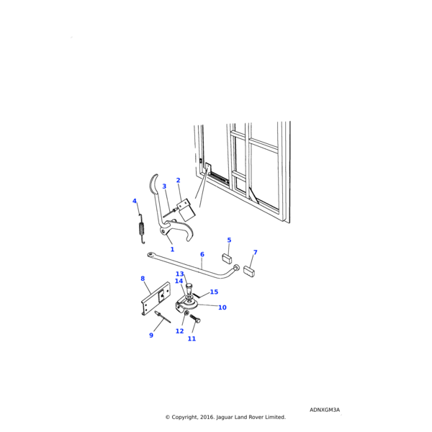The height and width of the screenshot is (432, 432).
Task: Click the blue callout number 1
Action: [x=172, y=249]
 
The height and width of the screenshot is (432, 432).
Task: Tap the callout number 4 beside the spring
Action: [x=135, y=201]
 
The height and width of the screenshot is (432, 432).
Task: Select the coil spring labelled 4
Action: [x=142, y=228]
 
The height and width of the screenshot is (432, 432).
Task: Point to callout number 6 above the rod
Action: [x=202, y=254]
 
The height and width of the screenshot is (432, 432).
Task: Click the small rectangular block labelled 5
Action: [x=227, y=258]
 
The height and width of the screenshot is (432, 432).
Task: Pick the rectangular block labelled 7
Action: [x=249, y=271]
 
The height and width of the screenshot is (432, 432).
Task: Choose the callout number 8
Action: [x=143, y=279]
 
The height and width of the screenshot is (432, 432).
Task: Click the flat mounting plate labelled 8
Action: [x=156, y=298]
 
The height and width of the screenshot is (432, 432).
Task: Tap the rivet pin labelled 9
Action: [x=163, y=317]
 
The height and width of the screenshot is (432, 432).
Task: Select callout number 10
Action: [x=222, y=307]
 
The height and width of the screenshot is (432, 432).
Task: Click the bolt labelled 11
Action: [x=195, y=319]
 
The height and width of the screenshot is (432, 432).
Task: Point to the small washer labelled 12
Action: [x=186, y=313]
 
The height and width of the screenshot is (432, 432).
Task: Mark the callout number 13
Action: [x=179, y=274]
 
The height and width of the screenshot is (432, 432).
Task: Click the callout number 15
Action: [x=214, y=292]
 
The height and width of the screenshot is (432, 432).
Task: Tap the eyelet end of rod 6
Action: [x=150, y=255]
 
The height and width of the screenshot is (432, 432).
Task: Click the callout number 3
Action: [x=164, y=186]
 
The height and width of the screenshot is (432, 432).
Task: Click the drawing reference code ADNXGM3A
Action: [x=325, y=410]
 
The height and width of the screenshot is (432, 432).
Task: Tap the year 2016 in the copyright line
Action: [x=208, y=417]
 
